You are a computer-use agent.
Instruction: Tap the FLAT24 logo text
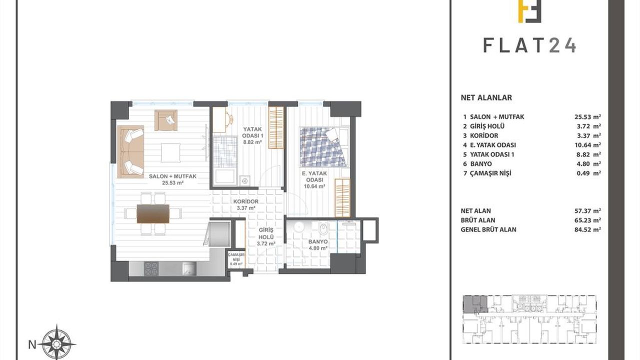[x=529, y=45]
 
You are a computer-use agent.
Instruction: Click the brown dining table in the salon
[x=153, y=213]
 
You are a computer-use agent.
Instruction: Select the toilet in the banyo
[x=323, y=229]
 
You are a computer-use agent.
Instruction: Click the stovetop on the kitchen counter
[x=151, y=268]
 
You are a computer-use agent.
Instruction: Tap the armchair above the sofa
[x=166, y=120]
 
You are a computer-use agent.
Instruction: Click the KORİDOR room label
[x=245, y=201]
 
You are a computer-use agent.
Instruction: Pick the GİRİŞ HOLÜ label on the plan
[x=266, y=233]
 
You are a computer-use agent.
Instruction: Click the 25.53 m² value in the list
[x=587, y=117]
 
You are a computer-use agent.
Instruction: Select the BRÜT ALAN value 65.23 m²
[x=587, y=220]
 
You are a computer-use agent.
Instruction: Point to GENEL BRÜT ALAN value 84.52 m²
[x=587, y=229]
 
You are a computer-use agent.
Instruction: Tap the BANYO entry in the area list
[x=481, y=164]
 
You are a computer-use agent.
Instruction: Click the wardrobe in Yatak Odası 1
[x=276, y=127]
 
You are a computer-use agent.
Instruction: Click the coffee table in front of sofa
[x=171, y=153]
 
